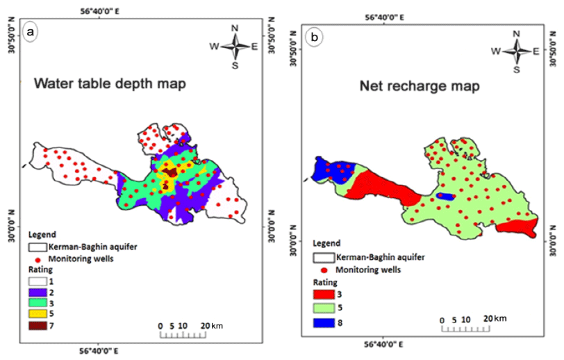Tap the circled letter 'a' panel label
pyautogui.click(x=31, y=32)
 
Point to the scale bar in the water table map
pyautogui.click(x=183, y=336)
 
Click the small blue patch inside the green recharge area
pyautogui.click(x=448, y=197)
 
